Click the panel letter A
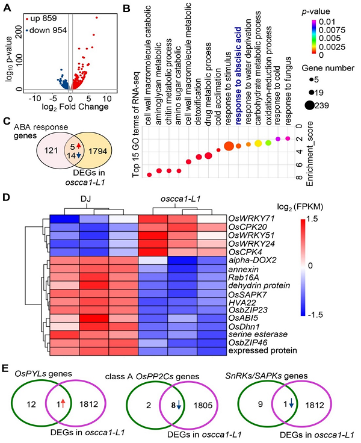coord(7,7)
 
